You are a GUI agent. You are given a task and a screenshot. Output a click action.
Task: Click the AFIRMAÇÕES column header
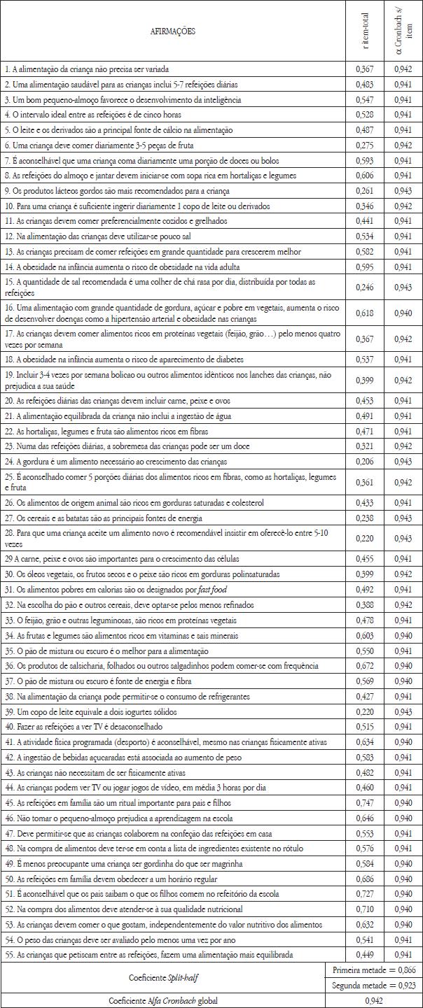[x=173, y=31]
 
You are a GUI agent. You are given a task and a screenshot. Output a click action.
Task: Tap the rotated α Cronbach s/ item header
[x=404, y=31]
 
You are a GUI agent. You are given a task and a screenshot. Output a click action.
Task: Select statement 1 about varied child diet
[x=87, y=69]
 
